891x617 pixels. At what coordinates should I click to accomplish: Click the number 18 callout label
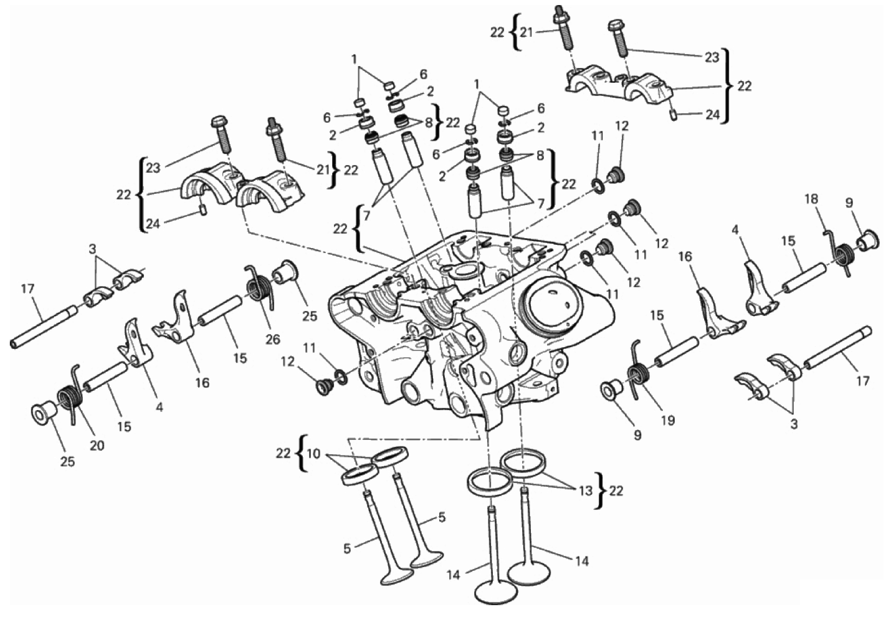click(811, 199)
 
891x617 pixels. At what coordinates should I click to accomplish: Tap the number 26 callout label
click(273, 339)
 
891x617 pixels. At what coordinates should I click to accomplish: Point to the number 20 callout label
click(97, 445)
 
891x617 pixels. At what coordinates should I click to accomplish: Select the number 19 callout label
click(668, 421)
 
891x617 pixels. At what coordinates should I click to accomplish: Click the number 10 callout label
click(313, 454)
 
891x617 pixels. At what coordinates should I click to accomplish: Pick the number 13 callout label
click(586, 491)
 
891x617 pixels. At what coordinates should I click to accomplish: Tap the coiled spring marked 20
click(71, 395)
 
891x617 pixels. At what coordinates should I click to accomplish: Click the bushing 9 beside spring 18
click(866, 240)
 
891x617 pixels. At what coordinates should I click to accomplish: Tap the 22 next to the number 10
click(283, 453)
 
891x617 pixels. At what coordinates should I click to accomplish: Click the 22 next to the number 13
click(616, 491)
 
